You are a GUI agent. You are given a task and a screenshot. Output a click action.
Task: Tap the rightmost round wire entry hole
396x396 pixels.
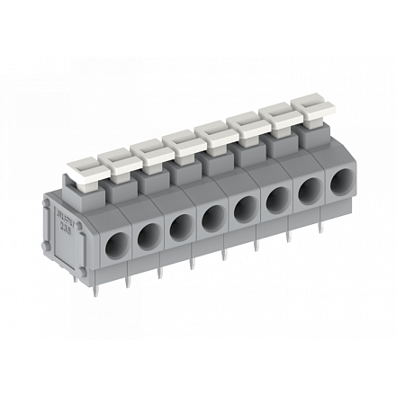pyautogui.click(x=337, y=190)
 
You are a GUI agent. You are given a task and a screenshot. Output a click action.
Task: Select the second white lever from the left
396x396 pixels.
pyautogui.click(x=117, y=160)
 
